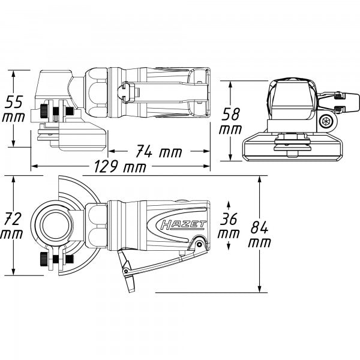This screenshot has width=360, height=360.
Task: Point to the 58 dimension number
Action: [230, 113]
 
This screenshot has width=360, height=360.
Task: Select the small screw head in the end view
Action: [327, 122]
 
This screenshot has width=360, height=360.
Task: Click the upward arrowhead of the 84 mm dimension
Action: [259, 180]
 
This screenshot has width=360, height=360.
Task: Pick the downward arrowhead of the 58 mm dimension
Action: [231, 157]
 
